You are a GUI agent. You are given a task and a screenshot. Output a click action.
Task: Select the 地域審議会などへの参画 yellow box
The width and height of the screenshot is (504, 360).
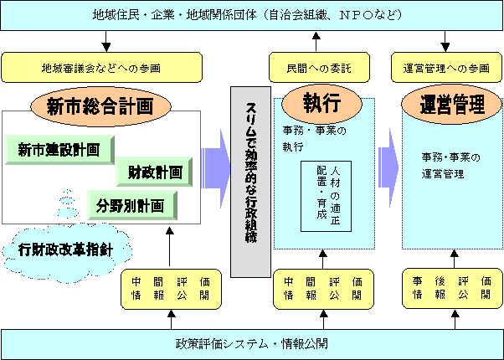(x=100, y=65)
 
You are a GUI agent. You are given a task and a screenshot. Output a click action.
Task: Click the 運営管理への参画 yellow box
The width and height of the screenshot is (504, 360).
(x=444, y=65)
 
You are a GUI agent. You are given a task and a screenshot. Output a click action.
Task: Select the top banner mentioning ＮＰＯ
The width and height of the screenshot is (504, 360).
(x=251, y=15)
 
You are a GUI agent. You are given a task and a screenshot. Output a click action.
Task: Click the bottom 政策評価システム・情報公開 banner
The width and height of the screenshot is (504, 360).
(x=251, y=343)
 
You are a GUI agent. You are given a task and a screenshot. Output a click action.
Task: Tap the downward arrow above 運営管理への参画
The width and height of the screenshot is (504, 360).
(x=443, y=40)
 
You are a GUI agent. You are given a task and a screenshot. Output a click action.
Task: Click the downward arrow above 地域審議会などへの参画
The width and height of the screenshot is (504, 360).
(x=106, y=40)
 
